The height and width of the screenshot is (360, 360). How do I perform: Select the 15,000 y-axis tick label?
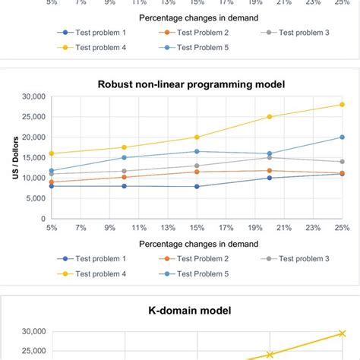[x=32, y=137]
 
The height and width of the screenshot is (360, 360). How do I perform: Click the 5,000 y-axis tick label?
[x=34, y=198]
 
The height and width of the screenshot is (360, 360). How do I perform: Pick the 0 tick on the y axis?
[x=43, y=219]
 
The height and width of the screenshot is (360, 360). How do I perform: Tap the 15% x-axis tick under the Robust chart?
[x=197, y=227]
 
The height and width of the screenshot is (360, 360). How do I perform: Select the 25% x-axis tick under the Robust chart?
[x=342, y=227]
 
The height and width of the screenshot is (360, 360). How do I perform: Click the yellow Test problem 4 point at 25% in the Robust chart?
[x=342, y=105]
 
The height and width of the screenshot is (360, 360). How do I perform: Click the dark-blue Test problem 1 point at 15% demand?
[x=197, y=186]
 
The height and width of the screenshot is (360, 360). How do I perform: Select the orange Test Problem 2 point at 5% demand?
[x=52, y=182]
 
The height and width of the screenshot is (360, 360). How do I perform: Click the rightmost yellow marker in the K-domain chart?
[x=342, y=333]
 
